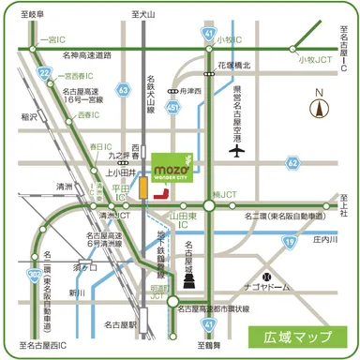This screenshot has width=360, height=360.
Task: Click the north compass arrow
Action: point(322,106)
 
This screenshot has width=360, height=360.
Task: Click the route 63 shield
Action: point(124,89)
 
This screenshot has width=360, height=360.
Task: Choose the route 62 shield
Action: point(293,163)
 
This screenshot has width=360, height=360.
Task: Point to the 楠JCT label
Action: point(226,195)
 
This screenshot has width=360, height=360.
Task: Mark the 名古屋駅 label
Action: point(121,324)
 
